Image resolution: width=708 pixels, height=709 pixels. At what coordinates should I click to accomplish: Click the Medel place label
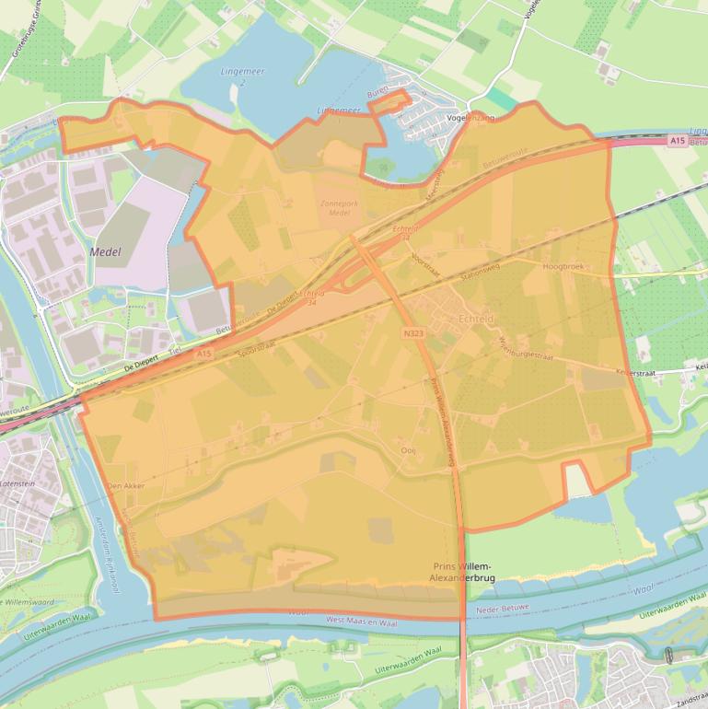coord(106,251)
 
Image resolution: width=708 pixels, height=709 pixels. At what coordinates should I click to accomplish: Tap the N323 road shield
coord(412,330)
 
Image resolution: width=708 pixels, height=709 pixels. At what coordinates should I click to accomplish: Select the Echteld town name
coord(476,319)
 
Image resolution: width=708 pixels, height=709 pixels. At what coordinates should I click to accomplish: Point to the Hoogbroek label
coord(563,267)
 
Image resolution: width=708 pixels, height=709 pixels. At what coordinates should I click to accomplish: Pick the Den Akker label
coord(127,485)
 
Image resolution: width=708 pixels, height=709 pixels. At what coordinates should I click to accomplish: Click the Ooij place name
coord(409,450)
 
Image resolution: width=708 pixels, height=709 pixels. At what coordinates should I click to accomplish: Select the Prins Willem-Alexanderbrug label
coord(462,572)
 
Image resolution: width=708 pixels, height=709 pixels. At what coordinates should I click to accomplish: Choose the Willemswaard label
coord(28,602)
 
